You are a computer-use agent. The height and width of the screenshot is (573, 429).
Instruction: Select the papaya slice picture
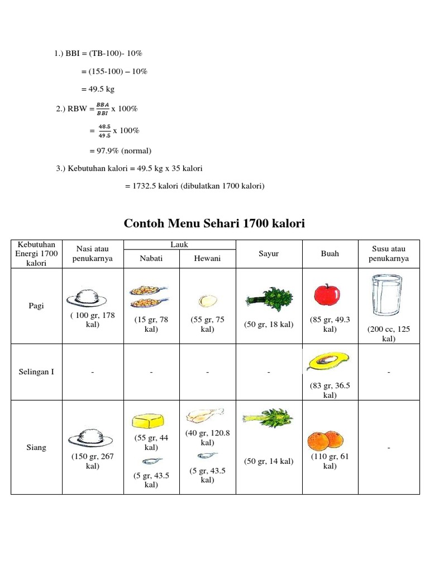pos(327,362)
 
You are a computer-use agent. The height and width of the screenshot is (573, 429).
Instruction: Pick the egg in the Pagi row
pos(207,301)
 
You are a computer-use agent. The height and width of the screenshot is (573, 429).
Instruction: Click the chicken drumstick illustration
pos(204,416)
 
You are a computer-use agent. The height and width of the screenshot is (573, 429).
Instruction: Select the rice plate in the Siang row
pos(91,436)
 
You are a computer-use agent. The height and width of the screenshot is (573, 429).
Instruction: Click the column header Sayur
pos(269,253)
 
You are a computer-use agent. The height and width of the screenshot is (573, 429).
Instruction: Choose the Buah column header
pos(330,253)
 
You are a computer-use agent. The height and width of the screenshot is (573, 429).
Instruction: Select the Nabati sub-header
pos(151,258)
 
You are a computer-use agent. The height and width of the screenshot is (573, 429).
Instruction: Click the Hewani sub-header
pos(207,258)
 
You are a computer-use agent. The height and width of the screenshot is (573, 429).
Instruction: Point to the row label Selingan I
pos(36,372)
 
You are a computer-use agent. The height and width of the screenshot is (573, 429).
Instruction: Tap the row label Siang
pos(36,448)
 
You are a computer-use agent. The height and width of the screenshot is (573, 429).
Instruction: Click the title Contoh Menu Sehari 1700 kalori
pos(214,224)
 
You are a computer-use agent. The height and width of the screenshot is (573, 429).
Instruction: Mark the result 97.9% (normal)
pos(120,151)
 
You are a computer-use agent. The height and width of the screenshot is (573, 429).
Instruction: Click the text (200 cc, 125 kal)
pos(388,334)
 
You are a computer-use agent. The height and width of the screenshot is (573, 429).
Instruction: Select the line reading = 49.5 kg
pos(98,89)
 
